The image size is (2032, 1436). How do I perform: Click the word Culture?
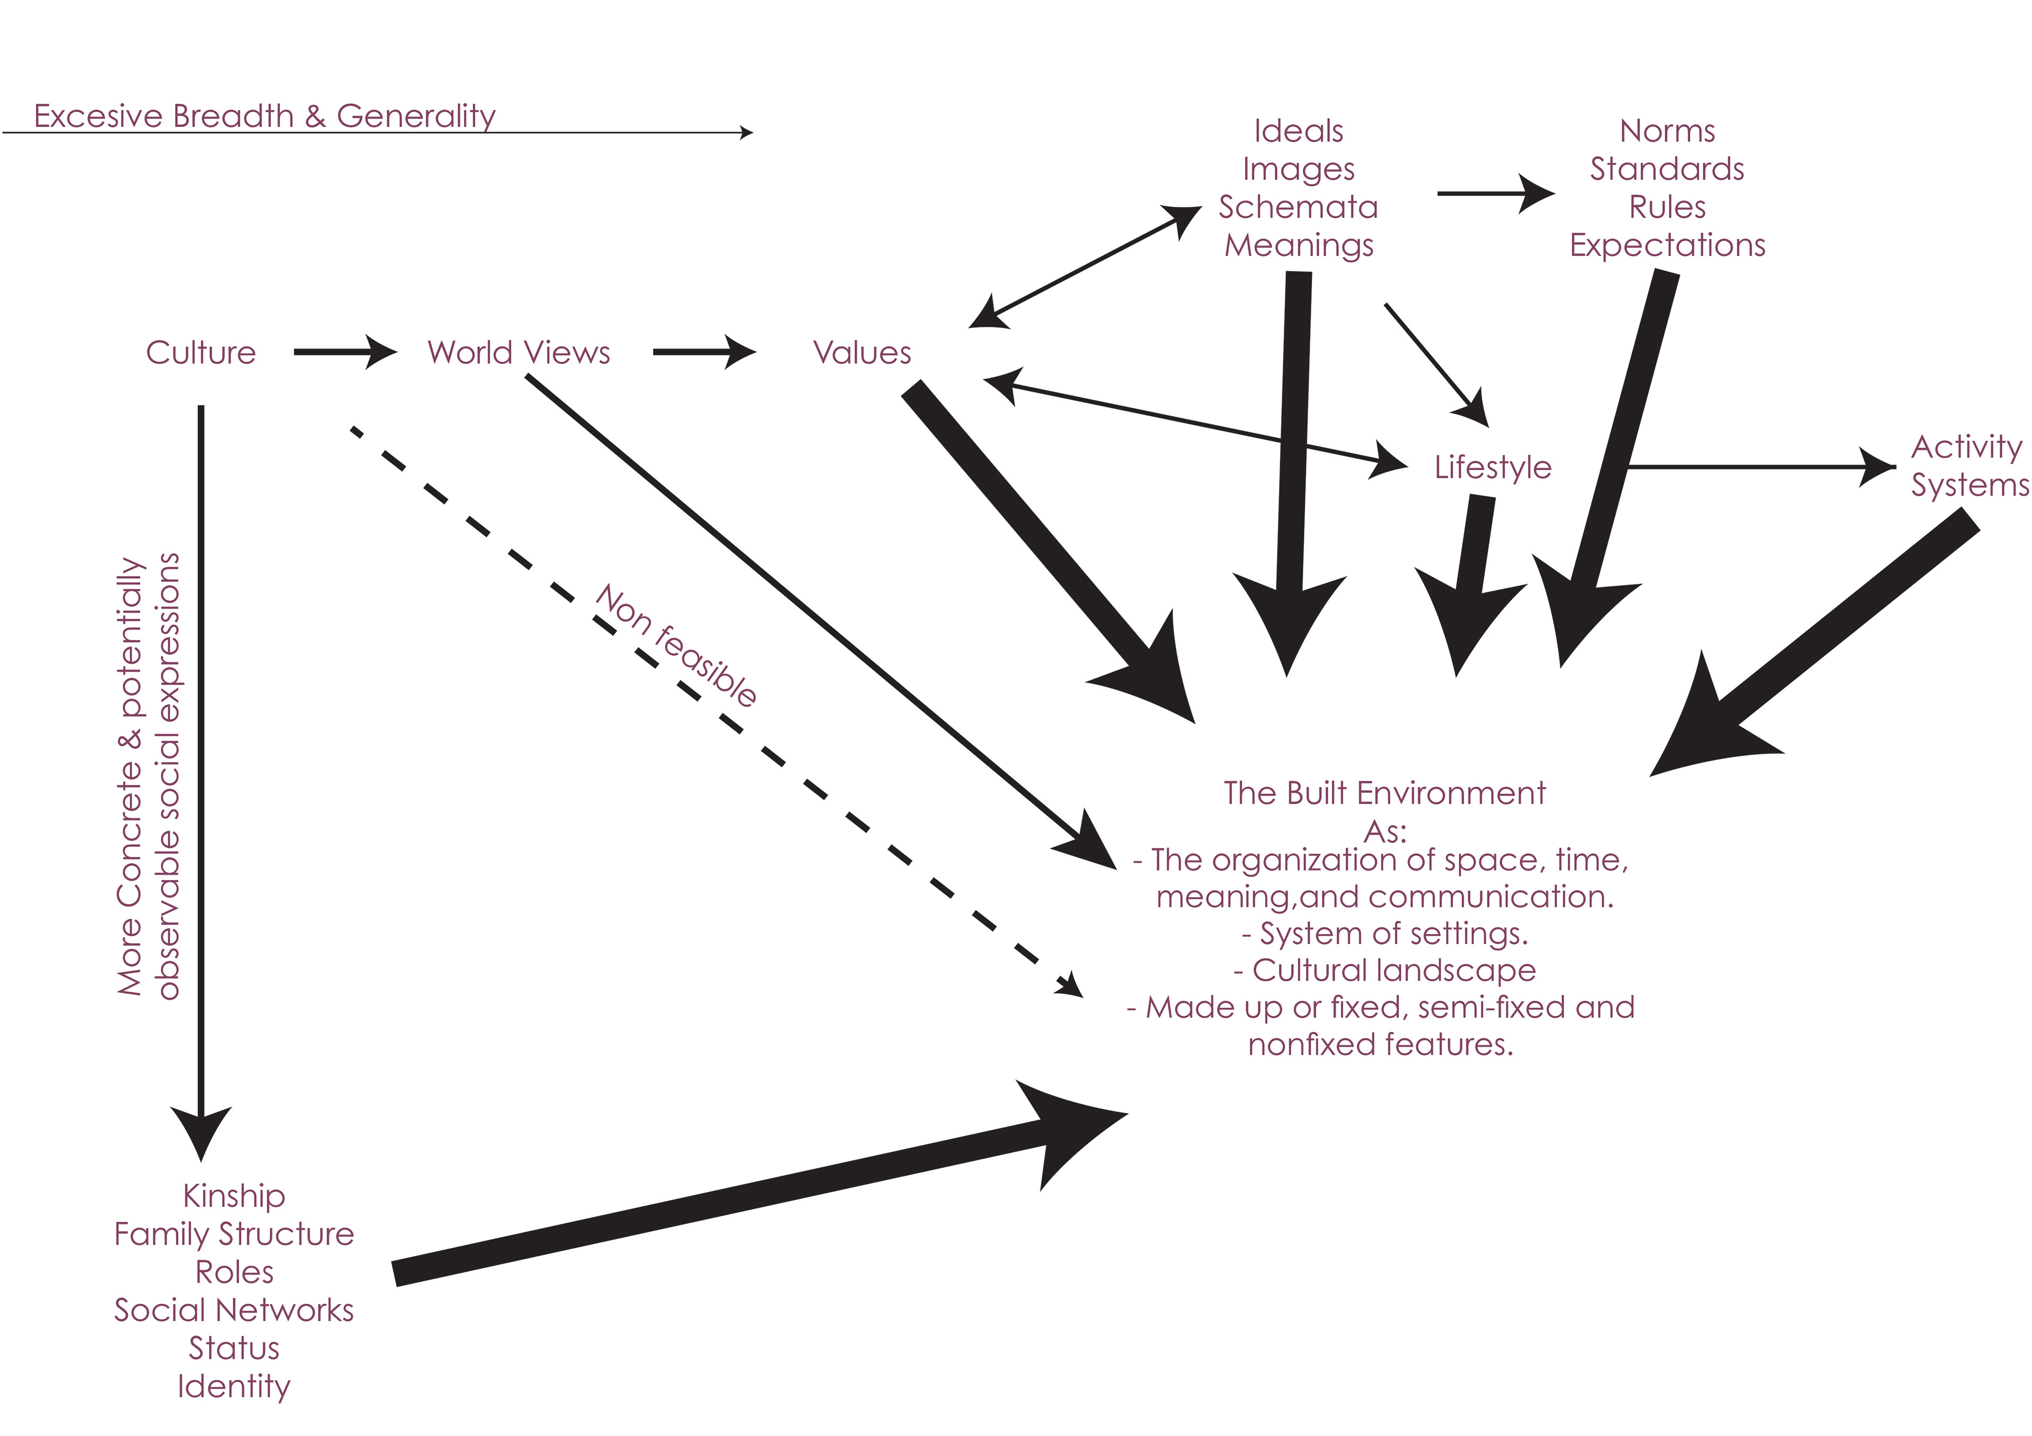pyautogui.click(x=201, y=352)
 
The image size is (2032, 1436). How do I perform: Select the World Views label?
pyautogui.click(x=519, y=352)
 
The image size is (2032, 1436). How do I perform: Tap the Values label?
pyautogui.click(x=862, y=352)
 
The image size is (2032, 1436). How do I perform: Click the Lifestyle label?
pyautogui.click(x=1493, y=467)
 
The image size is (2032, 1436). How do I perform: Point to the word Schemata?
pyautogui.click(x=1299, y=207)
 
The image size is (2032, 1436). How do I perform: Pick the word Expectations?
pyautogui.click(x=1667, y=245)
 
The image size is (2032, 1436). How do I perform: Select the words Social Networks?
pyautogui.click(x=234, y=1310)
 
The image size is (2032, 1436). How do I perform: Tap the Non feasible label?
pyautogui.click(x=677, y=646)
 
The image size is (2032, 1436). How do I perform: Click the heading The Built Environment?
pyautogui.click(x=1384, y=793)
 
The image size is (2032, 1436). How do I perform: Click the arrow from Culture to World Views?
pyautogui.click(x=344, y=352)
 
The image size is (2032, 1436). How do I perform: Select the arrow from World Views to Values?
pyautogui.click(x=704, y=352)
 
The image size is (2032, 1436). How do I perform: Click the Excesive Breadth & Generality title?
pyautogui.click(x=265, y=116)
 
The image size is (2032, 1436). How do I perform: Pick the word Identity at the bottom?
pyautogui.click(x=234, y=1386)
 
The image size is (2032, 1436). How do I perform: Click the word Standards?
pyautogui.click(x=1667, y=169)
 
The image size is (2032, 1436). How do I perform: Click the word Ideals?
pyautogui.click(x=1299, y=131)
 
